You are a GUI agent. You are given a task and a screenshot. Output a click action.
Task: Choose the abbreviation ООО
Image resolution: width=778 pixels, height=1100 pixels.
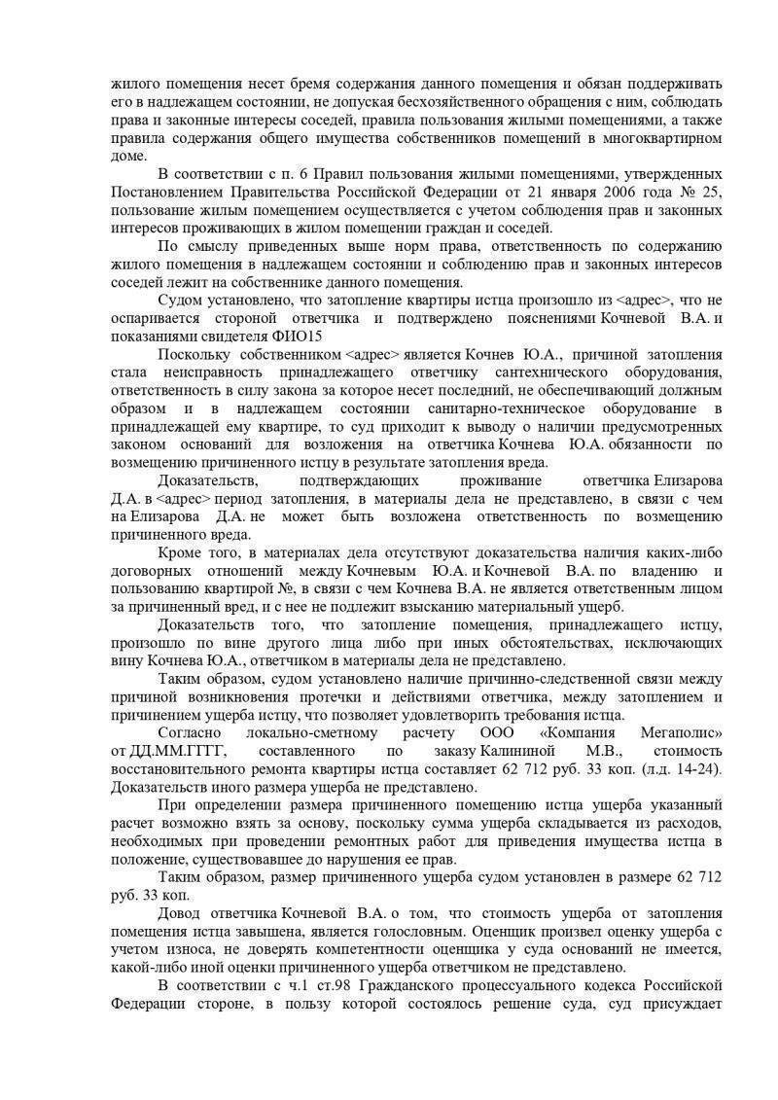click(500, 732)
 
